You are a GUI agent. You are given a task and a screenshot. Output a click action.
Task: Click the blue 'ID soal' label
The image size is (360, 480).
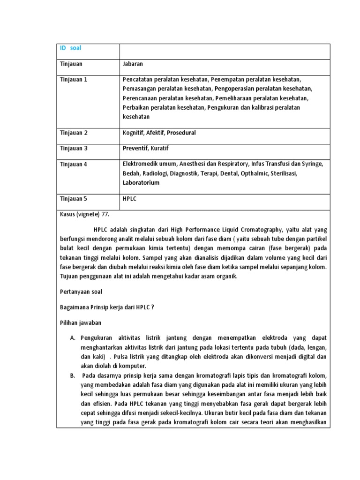pos(71,48)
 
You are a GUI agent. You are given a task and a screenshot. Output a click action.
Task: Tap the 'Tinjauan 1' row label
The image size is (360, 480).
pos(74,79)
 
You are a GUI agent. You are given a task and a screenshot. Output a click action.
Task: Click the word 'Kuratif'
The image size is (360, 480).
pos(159,148)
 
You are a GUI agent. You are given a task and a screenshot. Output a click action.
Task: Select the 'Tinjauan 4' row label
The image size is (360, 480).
pos(74,164)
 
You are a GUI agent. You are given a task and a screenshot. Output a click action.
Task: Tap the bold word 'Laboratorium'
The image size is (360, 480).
pos(141,183)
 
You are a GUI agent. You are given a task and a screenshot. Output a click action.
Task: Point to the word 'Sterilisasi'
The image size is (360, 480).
pos(281,173)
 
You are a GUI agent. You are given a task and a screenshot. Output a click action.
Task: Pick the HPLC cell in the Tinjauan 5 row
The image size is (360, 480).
pos(129,199)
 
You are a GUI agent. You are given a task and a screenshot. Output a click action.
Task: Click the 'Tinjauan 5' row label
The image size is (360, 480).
pos(74,199)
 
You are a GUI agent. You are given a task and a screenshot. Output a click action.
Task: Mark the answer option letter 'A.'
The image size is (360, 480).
pos(73,338)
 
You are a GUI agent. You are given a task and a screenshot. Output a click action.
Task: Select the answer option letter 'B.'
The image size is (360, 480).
pos(73,375)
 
